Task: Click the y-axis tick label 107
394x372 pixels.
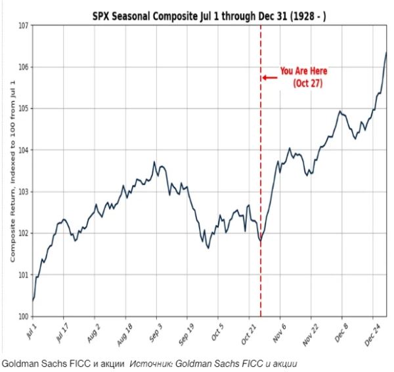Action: coord(22,26)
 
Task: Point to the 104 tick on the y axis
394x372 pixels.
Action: coord(22,150)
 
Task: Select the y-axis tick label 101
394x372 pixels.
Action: coord(22,275)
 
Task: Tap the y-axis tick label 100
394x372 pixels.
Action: coord(22,316)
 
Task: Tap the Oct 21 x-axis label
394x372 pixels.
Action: coord(248,331)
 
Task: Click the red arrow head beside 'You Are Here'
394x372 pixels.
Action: coord(265,77)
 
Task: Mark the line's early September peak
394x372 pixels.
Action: coord(154,162)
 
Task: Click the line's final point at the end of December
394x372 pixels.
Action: coord(385,52)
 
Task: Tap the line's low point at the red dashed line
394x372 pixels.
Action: coord(260,241)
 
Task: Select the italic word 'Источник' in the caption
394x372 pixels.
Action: coord(147,362)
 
